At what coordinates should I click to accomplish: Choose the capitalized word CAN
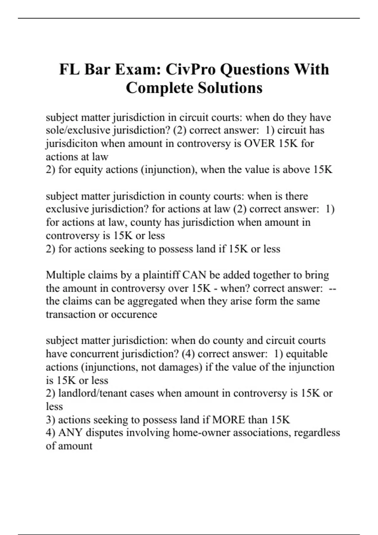click(194, 275)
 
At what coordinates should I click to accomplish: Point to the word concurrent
click(95, 354)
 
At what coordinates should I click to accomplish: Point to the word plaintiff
click(161, 275)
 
